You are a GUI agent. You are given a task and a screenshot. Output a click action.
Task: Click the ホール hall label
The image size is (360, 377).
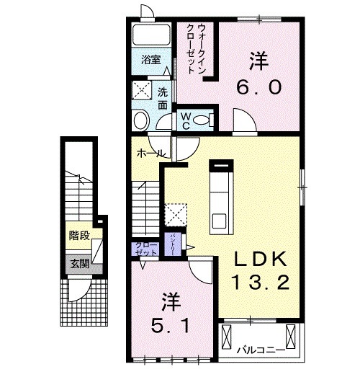point(149,153)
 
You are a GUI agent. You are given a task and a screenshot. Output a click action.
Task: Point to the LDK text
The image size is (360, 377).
point(260,259)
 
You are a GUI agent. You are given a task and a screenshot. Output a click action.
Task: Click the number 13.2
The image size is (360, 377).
point(261,282)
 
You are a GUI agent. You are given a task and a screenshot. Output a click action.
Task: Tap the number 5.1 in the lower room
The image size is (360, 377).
point(170,325)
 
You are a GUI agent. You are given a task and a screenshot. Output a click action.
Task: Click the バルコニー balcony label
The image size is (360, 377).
point(258,351)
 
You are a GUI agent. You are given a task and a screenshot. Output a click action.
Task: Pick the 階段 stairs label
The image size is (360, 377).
point(79,236)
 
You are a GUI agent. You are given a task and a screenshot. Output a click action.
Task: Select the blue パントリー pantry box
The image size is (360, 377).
point(174,245)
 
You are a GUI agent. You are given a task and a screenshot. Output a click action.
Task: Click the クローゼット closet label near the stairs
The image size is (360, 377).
point(146,249)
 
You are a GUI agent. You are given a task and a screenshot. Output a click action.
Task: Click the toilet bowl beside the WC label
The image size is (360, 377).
point(210,117)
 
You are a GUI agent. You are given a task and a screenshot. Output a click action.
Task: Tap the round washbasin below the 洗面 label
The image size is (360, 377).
point(141,120)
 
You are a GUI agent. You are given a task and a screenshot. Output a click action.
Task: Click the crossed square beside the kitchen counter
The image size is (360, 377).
point(176,213)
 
